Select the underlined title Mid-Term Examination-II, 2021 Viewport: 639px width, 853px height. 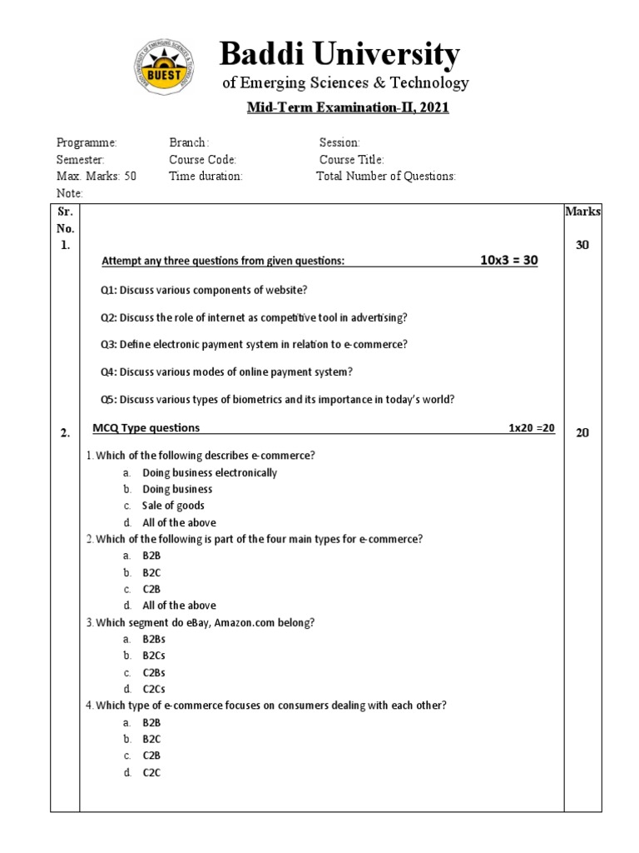pyautogui.click(x=348, y=108)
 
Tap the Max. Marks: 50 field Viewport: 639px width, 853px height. pyautogui.click(x=96, y=177)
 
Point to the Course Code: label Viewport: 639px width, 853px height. pyautogui.click(x=203, y=160)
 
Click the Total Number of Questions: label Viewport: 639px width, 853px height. pyautogui.click(x=386, y=177)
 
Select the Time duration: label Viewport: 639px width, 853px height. pyautogui.click(x=206, y=177)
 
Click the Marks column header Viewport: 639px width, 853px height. pyautogui.click(x=582, y=212)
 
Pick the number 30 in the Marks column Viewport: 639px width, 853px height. pyautogui.click(x=582, y=245)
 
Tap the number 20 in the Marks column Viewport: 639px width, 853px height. pyautogui.click(x=582, y=432)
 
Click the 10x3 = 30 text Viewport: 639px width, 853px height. pyautogui.click(x=509, y=261)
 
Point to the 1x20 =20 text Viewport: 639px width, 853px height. pyautogui.click(x=532, y=428)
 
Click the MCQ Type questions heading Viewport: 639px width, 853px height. pyautogui.click(x=146, y=428)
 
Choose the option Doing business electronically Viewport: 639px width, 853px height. pyautogui.click(x=210, y=472)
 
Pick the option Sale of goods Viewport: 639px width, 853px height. pyautogui.click(x=173, y=506)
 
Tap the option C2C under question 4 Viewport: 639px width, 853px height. pyautogui.click(x=151, y=772)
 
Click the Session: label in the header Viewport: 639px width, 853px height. pyautogui.click(x=339, y=143)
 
